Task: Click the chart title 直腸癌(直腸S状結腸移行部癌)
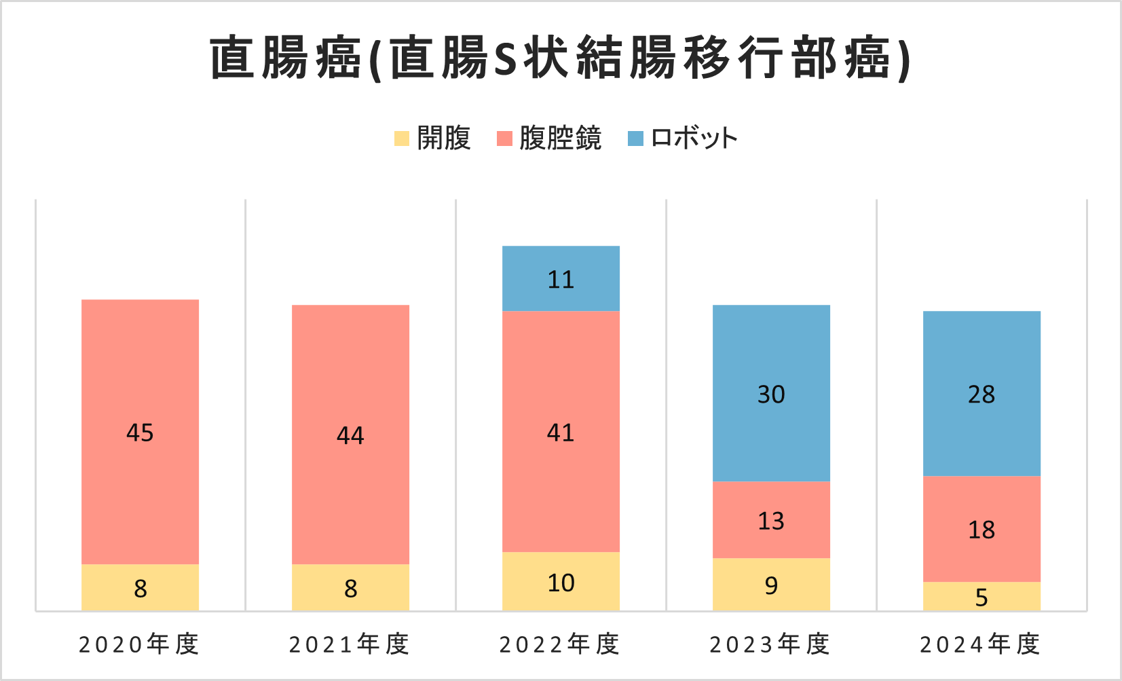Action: coord(561,58)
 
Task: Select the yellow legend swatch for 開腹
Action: coord(402,139)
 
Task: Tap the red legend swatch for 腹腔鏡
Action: coord(504,139)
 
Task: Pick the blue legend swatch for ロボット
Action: coord(635,139)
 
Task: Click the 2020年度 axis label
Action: coord(140,644)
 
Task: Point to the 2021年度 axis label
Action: coord(350,644)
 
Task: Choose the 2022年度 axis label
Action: coord(561,644)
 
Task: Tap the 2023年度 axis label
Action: coord(771,644)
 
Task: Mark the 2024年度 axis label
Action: coord(981,644)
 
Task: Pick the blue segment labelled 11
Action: coord(561,278)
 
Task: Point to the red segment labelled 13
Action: coord(771,520)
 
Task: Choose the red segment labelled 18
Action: coord(981,529)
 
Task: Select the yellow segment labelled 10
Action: coord(561,582)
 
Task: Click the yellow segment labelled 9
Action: coord(771,585)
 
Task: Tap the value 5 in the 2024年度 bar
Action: coord(981,597)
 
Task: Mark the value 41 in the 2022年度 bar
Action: coord(561,432)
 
